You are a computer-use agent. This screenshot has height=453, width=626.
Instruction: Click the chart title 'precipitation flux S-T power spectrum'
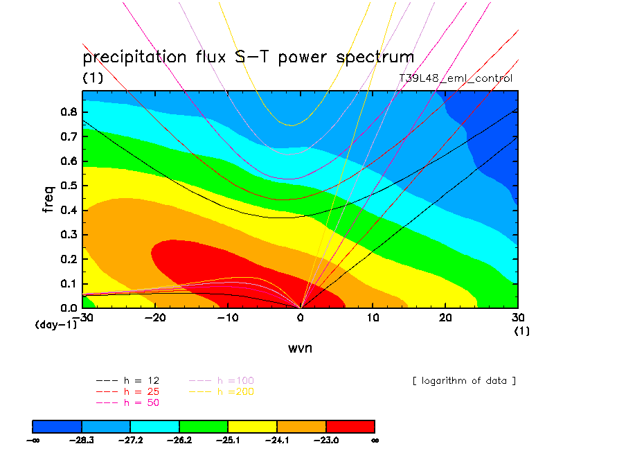[248, 57]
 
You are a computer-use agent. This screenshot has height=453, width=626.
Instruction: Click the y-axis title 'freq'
[48, 198]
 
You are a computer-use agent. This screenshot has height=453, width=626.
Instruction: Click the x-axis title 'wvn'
[300, 348]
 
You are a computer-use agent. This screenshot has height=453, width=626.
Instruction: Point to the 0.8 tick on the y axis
[70, 112]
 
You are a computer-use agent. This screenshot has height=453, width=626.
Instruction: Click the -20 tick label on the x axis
[155, 317]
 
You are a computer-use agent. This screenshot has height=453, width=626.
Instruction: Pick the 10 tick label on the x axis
[373, 317]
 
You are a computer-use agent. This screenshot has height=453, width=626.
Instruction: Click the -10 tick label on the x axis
[228, 317]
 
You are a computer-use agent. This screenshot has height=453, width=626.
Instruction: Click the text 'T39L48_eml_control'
[456, 78]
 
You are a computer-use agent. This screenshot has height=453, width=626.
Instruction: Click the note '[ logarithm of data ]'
[463, 381]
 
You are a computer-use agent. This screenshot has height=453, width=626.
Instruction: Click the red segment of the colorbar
[350, 425]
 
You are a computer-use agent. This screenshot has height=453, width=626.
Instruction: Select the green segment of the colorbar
[204, 425]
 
